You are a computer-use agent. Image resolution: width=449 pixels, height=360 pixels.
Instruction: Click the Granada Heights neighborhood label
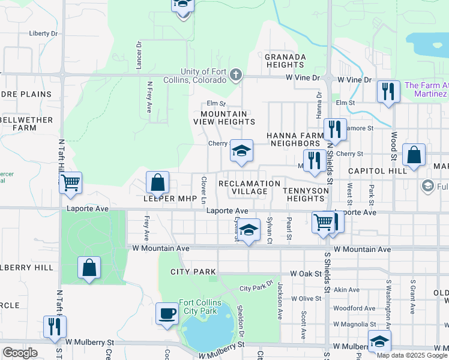point(285,61)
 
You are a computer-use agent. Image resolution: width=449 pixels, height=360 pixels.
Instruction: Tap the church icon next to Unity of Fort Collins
point(236,75)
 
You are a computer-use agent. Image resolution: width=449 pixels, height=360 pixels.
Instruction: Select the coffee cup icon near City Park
point(167,313)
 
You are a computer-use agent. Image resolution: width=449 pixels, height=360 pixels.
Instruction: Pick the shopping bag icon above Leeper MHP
point(157,182)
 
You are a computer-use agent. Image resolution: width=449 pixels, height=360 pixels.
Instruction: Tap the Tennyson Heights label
point(306,194)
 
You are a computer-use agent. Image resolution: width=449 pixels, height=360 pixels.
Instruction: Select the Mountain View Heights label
point(224,118)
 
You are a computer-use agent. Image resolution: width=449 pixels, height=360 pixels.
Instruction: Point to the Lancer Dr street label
point(139,55)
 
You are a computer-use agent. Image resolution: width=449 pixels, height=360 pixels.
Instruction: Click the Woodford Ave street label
point(355,308)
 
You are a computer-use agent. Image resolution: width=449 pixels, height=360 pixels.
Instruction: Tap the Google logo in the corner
point(20,352)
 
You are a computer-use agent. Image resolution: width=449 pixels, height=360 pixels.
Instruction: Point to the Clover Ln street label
point(204,189)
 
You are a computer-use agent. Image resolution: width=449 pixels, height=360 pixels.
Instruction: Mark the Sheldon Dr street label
point(241,319)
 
